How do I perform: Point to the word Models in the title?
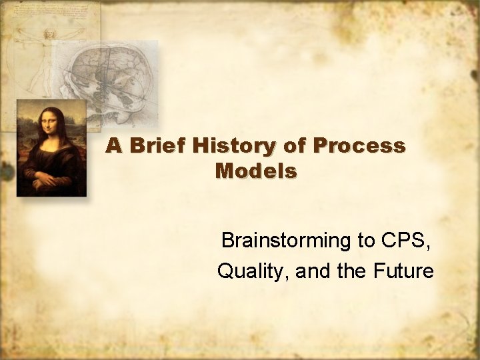coord(256,171)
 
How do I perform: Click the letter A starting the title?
coord(114,146)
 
